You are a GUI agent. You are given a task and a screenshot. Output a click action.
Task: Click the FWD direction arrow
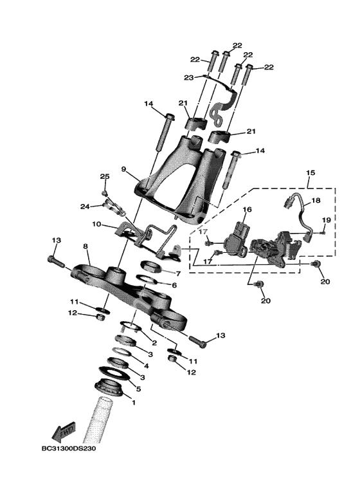coord(64,432)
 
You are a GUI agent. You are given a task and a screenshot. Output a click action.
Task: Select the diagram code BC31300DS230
coord(69,448)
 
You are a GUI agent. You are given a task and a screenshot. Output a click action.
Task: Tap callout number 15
coord(310,173)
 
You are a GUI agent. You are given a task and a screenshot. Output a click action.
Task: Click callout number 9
coord(124,169)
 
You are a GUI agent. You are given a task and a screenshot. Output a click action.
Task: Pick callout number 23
coord(188,77)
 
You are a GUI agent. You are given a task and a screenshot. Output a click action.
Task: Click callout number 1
coord(134,402)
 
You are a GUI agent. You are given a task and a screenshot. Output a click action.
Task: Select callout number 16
coord(247,209)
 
